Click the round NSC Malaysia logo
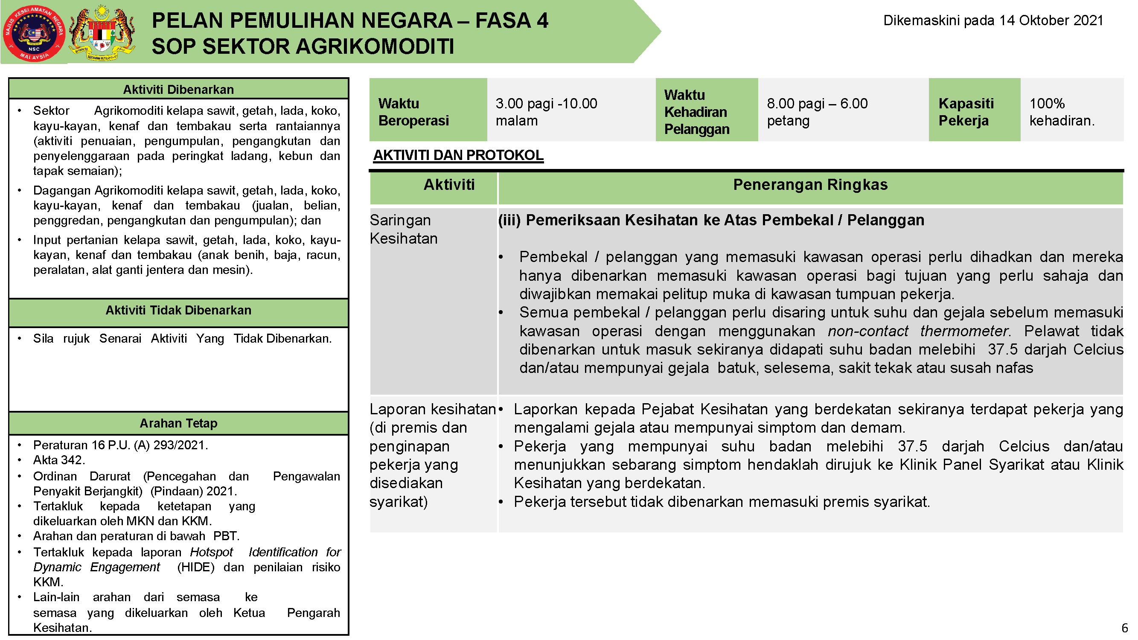pos(34,33)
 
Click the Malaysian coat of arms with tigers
pos(102,33)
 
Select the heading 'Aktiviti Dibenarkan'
pos(178,90)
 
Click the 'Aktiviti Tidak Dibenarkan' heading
pos(178,311)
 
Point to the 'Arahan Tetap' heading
pos(178,424)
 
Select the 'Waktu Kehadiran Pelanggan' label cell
pos(697,112)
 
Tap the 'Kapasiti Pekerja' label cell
pos(966,112)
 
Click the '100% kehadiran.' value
pos(1062,112)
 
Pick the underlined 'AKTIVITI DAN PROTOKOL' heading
pos(458,155)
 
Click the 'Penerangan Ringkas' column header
pos(810,185)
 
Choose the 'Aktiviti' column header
pos(449,185)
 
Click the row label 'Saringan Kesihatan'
pos(403,229)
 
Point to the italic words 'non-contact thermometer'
pos(918,331)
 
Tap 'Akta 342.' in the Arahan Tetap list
pos(59,460)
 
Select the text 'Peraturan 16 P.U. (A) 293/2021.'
pos(120,445)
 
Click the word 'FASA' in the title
pos(503,20)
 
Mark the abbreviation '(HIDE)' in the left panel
pos(196,567)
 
